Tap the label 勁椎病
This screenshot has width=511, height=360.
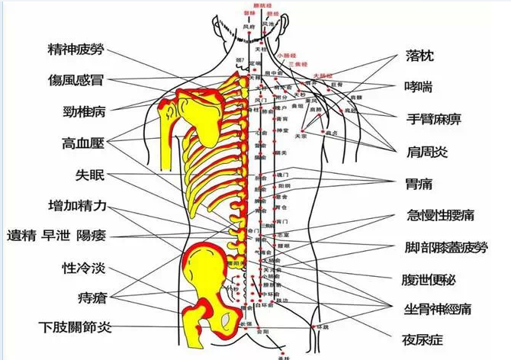click(x=82, y=111)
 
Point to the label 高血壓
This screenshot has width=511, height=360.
click(x=82, y=143)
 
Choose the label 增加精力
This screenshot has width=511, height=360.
click(x=82, y=207)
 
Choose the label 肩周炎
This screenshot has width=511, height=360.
click(x=428, y=151)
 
